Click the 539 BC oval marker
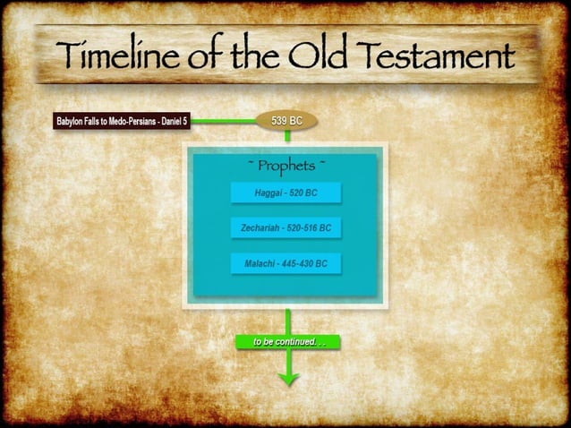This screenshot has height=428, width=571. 286,121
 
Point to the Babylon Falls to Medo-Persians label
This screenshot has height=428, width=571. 122,121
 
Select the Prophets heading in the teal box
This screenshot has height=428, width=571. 286,167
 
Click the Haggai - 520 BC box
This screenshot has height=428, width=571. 286,193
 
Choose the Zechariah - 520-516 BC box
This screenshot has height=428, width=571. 286,228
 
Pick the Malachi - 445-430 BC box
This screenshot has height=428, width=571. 286,264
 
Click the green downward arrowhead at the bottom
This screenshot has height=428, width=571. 287,377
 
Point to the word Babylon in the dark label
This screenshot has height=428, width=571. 72,121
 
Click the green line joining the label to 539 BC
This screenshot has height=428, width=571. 224,121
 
